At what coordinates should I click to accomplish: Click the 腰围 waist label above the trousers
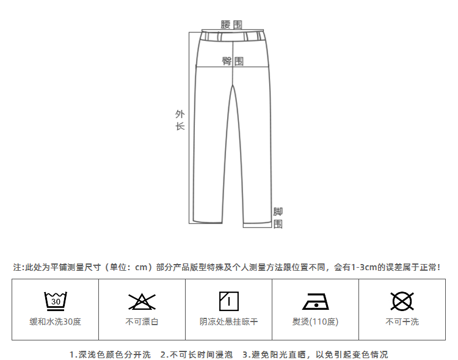coord(231,24)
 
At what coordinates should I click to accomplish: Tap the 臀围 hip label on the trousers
coord(232,61)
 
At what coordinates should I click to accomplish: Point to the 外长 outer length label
coord(180,120)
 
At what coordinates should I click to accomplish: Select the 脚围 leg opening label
coord(278,218)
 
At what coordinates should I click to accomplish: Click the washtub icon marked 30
coord(55,301)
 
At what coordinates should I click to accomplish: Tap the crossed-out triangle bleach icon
coord(142,301)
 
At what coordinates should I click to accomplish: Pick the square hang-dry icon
coord(228,301)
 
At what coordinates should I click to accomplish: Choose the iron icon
coord(315,301)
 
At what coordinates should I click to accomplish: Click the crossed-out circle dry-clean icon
coord(402,301)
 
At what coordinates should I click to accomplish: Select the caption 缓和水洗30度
coord(55,321)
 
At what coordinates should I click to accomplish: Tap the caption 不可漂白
coord(142,321)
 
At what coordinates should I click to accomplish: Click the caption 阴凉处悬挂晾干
coord(228,321)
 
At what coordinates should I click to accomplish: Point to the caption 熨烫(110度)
coord(315,321)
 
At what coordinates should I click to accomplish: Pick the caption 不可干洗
coord(402,321)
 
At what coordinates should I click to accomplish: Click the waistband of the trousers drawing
coord(233,36)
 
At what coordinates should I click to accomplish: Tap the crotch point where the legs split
coord(233,86)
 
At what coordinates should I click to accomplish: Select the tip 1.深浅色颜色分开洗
coord(110,354)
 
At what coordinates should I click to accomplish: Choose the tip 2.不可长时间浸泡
coord(196,354)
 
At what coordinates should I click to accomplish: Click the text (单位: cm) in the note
coord(127,267)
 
